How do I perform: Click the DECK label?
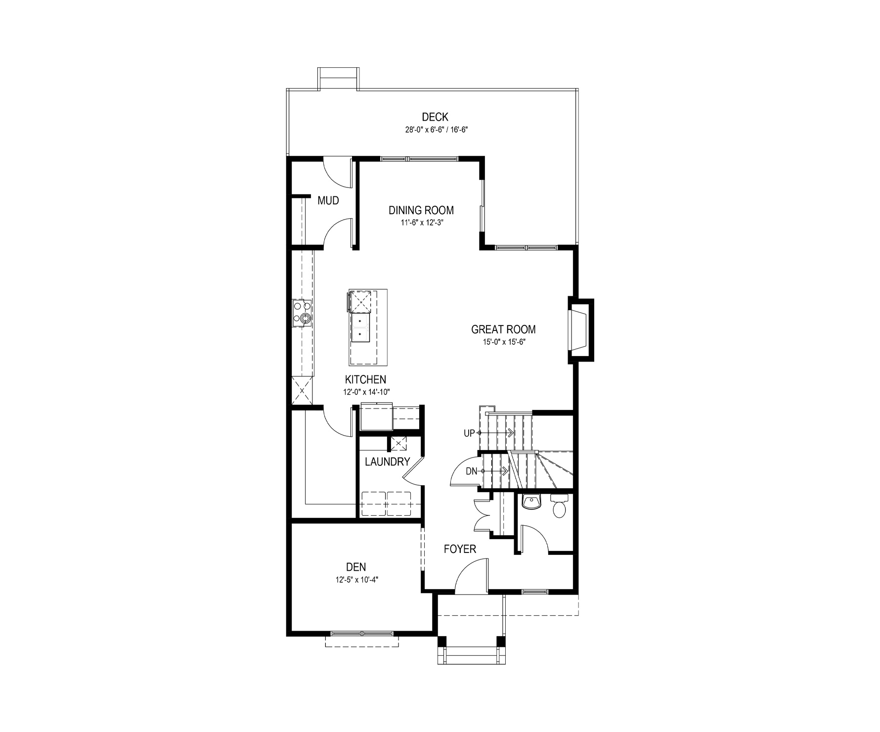435,117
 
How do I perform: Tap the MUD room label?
328,200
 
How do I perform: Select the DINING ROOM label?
421,210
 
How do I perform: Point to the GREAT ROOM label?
503,329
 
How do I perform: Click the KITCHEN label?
365,380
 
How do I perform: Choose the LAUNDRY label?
388,462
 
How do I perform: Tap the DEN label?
356,567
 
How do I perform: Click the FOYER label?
460,549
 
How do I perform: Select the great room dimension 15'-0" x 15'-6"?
503,341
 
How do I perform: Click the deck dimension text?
435,130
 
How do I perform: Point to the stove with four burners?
302,313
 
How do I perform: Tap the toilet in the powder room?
559,507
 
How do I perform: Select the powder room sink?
532,501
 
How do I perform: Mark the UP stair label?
469,433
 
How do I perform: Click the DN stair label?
472,471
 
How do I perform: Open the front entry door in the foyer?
471,575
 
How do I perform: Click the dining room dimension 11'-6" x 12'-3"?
421,223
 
